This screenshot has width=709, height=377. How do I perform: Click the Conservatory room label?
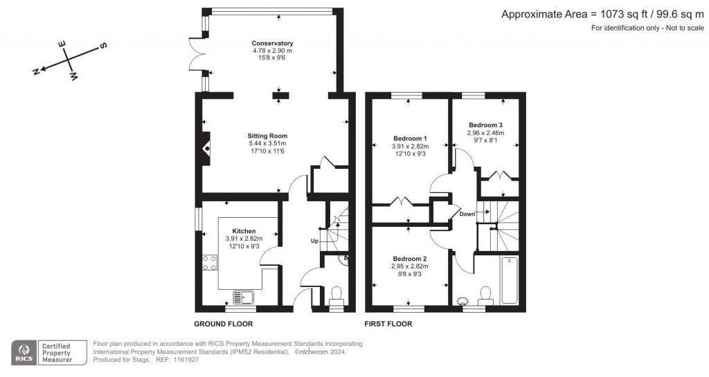tap(272, 44)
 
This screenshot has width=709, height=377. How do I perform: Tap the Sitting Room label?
tap(267, 136)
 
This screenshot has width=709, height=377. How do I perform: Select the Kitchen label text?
tap(244, 231)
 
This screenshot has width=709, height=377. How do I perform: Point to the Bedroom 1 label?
tap(410, 138)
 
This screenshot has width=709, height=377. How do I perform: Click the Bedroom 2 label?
tap(410, 259)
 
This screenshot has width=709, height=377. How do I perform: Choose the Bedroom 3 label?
tap(485, 125)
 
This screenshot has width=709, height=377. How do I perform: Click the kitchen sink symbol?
tap(244, 297)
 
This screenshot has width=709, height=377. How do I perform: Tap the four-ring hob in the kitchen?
tap(210, 263)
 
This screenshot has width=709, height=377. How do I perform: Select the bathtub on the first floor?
tap(510, 280)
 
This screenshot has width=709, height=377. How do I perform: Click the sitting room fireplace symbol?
tap(206, 148)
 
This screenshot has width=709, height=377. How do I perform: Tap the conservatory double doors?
tap(197, 55)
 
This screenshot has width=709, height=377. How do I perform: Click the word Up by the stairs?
tap(315, 241)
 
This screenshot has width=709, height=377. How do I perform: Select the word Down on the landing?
tap(467, 214)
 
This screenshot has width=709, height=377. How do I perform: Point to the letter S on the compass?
tap(103, 46)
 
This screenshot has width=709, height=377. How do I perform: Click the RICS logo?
tap(24, 353)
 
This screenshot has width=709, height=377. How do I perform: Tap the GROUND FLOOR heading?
tap(224, 324)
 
